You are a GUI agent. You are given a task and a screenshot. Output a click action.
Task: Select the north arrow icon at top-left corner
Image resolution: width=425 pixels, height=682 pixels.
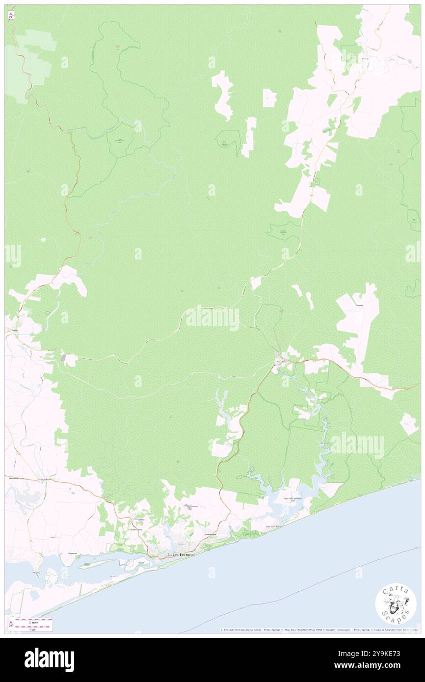tap(11, 15)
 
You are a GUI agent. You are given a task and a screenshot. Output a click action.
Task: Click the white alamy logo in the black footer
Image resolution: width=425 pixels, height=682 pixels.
tap(49, 659)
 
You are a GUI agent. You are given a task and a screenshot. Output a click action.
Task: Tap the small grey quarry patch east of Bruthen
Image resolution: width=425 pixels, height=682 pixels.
tap(65, 358)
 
